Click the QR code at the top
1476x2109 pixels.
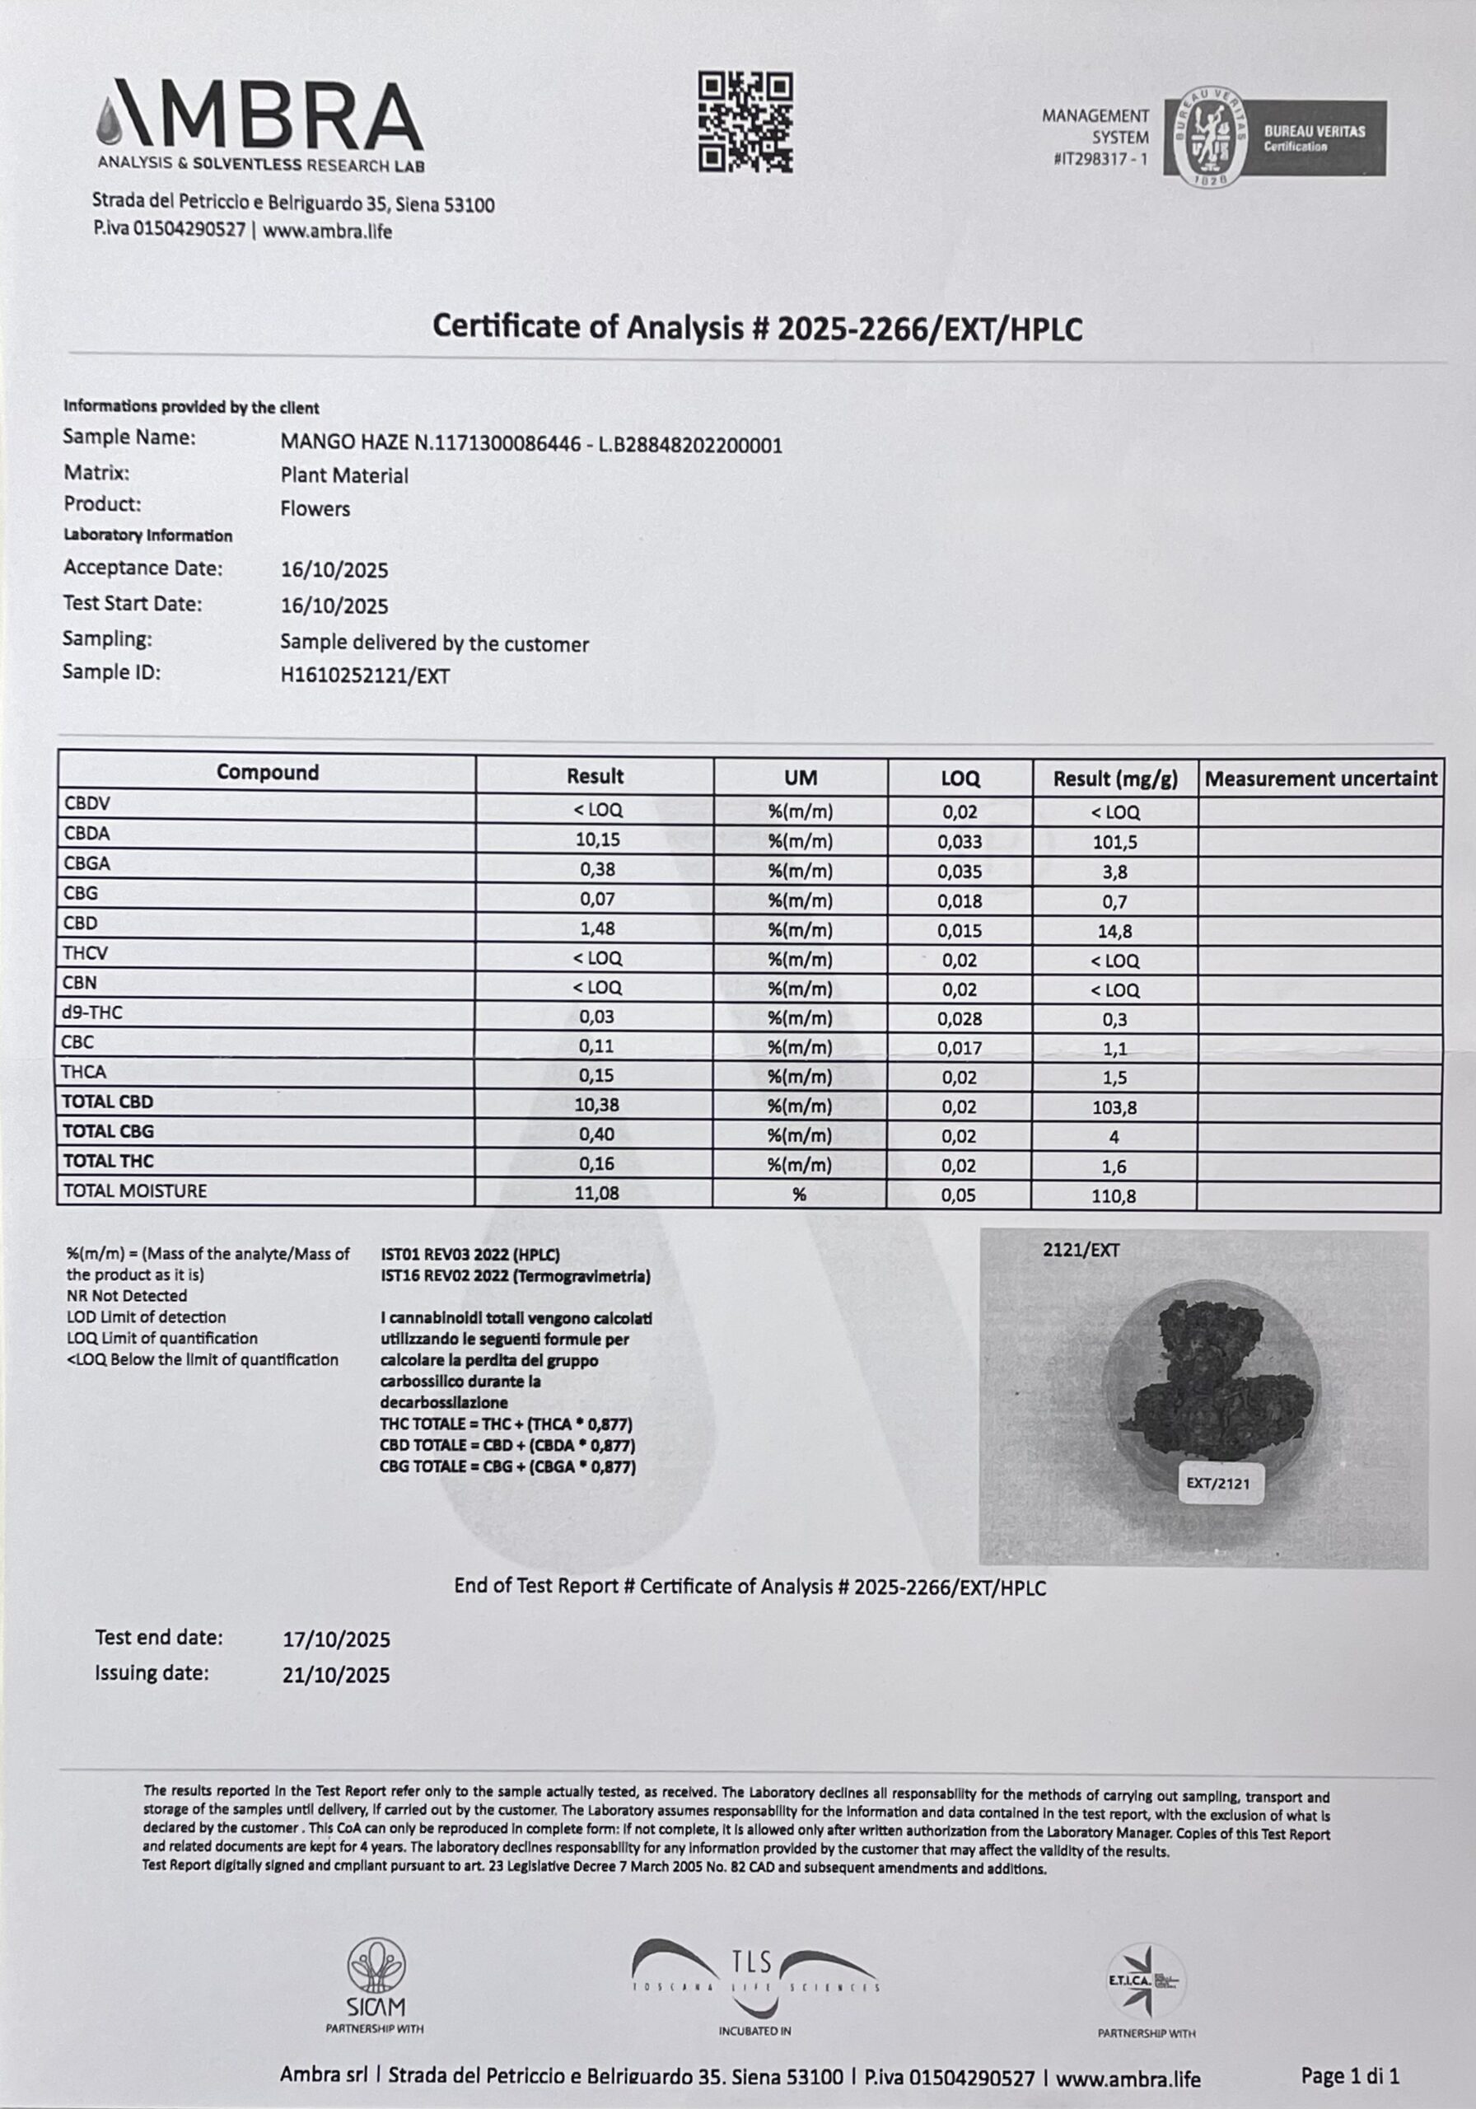click(745, 123)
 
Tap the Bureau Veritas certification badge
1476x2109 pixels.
click(1275, 138)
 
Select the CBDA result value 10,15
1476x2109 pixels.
click(596, 839)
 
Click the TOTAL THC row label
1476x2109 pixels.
click(107, 1161)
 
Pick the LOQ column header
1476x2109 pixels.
click(960, 779)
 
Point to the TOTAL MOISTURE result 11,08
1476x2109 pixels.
click(596, 1192)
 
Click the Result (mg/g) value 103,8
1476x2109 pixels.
click(1114, 1108)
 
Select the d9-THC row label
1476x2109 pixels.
click(93, 1013)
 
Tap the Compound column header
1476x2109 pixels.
click(268, 773)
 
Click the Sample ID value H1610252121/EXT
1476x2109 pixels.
click(365, 676)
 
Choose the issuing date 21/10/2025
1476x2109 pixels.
click(336, 1675)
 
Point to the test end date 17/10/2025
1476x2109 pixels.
click(336, 1639)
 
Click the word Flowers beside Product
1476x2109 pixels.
click(315, 509)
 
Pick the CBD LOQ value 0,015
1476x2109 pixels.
click(960, 929)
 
